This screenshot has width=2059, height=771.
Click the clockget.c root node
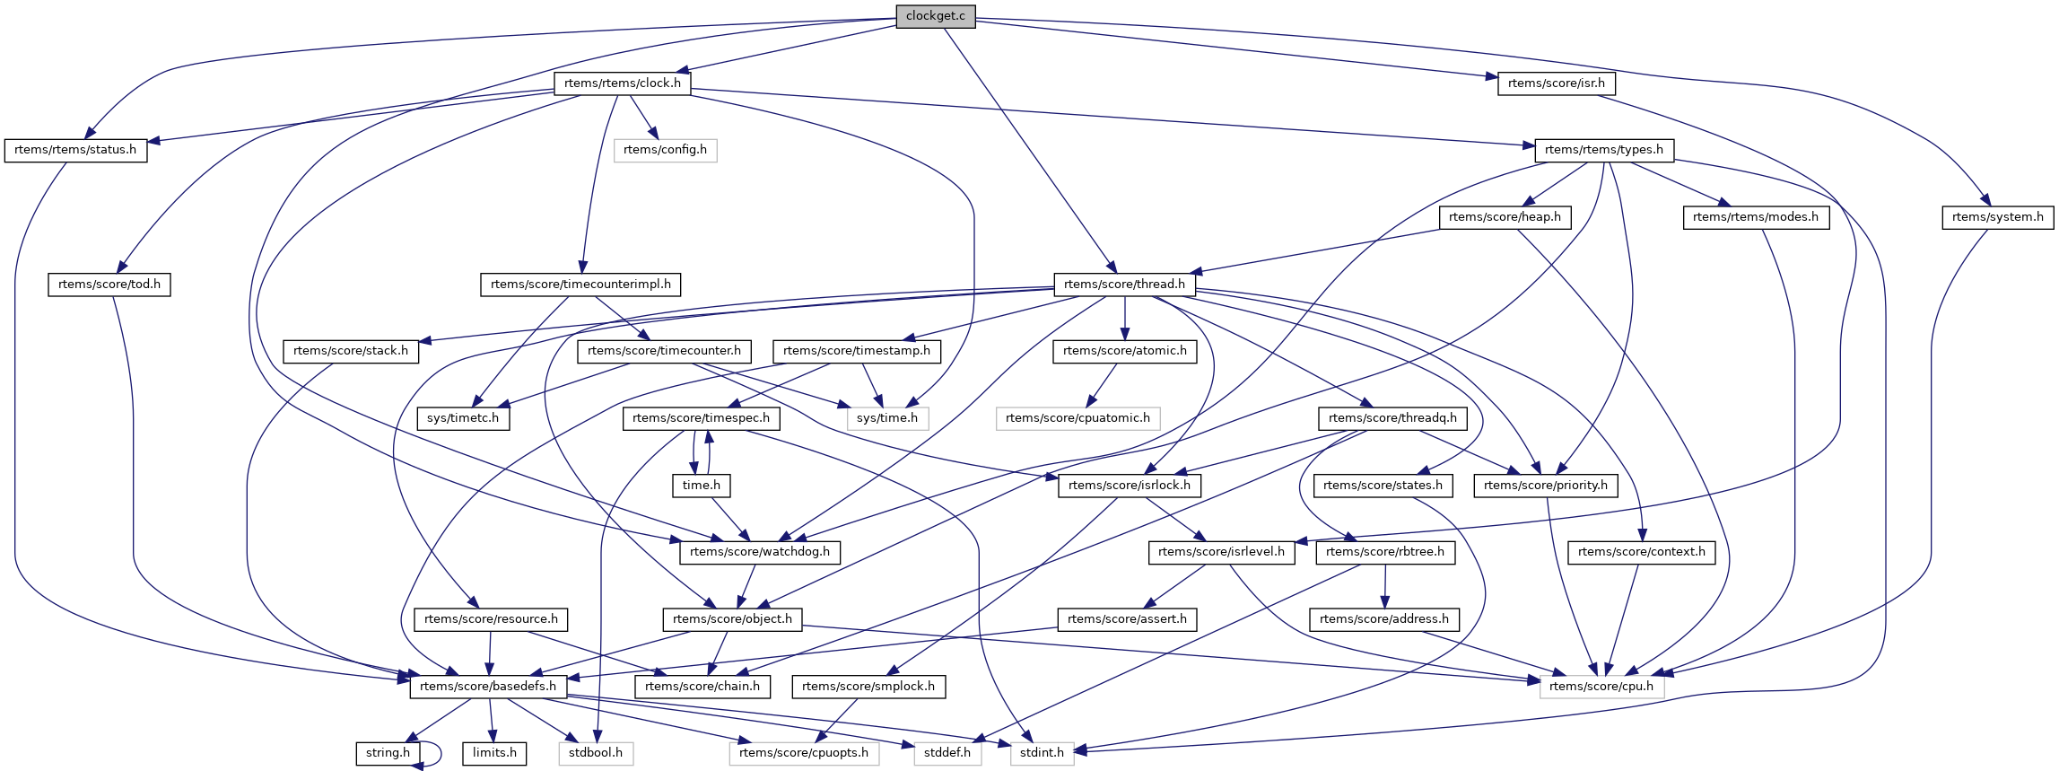(x=935, y=16)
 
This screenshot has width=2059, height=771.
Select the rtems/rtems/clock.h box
(x=623, y=83)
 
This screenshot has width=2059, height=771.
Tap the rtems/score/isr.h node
(x=1556, y=83)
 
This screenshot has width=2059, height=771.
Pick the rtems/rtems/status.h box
(x=75, y=150)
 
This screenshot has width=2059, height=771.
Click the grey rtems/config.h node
(x=665, y=150)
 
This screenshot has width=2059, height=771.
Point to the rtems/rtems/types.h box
(x=1603, y=150)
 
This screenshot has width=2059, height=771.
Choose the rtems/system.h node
(x=1997, y=217)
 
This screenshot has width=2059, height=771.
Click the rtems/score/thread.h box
(x=1124, y=285)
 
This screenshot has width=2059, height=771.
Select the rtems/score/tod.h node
(x=109, y=285)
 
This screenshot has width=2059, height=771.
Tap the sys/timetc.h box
(x=463, y=418)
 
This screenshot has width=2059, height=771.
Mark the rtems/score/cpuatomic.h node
(x=1077, y=418)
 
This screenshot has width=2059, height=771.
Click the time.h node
(x=702, y=486)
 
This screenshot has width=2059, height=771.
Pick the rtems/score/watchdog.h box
(x=759, y=552)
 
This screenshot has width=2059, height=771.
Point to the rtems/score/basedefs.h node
(x=488, y=687)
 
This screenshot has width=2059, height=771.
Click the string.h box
(x=388, y=753)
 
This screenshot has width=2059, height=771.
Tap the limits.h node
(x=494, y=753)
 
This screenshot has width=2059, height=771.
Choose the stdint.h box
(x=1042, y=753)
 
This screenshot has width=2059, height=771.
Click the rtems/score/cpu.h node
(x=1601, y=687)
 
